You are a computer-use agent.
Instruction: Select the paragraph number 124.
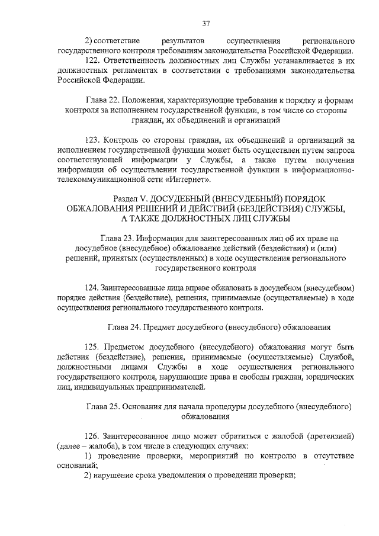click(x=91, y=287)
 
